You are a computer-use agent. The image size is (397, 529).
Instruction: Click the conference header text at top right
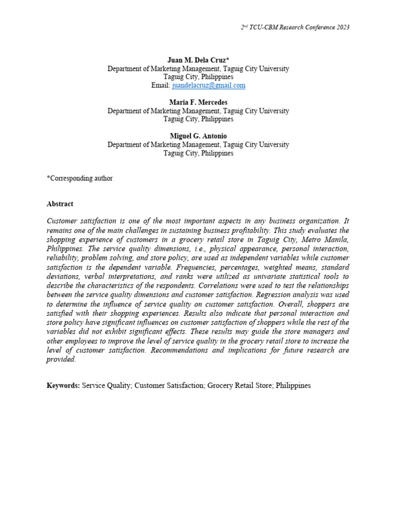[x=295, y=27]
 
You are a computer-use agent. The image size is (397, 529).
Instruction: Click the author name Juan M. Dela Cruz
[x=196, y=60]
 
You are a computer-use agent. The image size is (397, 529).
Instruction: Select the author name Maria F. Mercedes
[x=198, y=102]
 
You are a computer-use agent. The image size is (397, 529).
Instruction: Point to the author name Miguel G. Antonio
[x=198, y=136]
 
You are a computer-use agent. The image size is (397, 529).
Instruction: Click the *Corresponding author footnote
[x=80, y=178]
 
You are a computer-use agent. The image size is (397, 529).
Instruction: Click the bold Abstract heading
[x=60, y=204]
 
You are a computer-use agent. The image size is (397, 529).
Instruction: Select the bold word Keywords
[x=63, y=385]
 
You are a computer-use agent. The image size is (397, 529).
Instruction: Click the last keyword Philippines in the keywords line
[x=294, y=385]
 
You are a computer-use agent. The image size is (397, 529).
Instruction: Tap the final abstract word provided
[x=61, y=360]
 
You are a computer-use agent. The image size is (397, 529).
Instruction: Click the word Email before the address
[x=160, y=85]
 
